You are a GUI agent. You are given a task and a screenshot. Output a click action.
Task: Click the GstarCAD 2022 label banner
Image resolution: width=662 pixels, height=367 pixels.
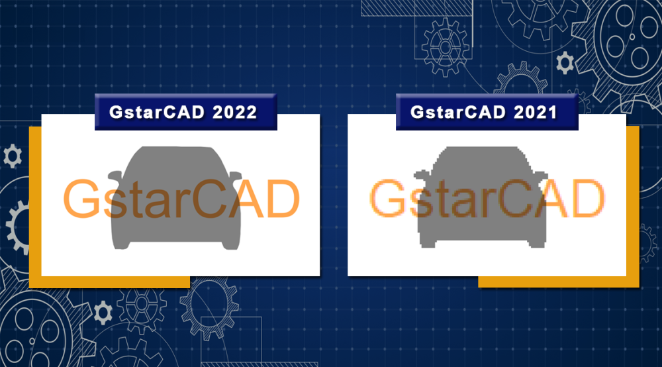click(186, 112)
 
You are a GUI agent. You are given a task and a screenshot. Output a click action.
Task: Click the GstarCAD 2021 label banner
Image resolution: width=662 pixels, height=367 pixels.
click(487, 112)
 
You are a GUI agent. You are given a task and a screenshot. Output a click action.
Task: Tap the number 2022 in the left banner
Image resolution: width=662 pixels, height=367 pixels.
click(235, 113)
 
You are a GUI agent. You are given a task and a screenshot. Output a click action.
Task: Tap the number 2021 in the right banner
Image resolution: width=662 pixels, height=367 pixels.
click(536, 113)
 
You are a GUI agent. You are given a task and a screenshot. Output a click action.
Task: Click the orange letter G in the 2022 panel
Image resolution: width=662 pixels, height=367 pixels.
click(81, 199)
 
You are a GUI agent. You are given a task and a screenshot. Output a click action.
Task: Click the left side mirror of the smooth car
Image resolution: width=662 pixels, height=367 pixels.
click(115, 175)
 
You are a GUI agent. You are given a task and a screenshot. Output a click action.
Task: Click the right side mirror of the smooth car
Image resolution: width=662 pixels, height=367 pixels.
click(235, 175)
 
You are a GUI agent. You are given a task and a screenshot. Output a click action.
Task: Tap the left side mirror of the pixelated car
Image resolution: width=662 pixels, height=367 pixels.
click(421, 174)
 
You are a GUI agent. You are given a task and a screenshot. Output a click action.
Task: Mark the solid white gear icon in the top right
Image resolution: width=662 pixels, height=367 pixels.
click(565, 62)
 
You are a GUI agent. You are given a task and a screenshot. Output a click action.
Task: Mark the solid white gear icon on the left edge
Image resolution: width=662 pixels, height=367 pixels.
click(13, 156)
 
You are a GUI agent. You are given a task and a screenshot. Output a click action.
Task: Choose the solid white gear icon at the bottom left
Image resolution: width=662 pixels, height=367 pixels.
click(103, 313)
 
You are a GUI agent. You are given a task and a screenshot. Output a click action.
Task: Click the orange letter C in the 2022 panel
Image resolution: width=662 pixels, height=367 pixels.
click(209, 199)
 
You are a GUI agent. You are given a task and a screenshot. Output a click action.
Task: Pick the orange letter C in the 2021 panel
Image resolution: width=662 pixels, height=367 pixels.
click(515, 199)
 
